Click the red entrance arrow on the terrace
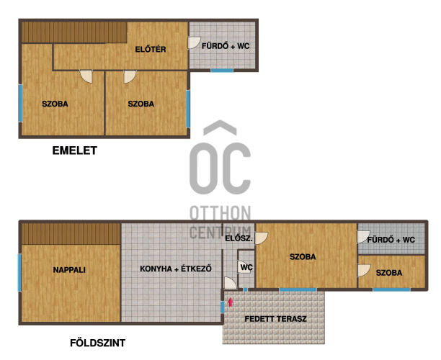(x=231, y=302)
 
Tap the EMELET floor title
(x=75, y=150)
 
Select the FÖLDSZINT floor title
(x=97, y=343)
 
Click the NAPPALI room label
(x=69, y=270)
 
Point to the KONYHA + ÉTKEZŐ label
(x=176, y=269)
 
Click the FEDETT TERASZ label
(x=275, y=319)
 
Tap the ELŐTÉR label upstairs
(x=151, y=50)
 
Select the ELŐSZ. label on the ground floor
(x=239, y=238)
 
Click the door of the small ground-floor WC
(x=243, y=266)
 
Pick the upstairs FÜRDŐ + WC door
(x=194, y=42)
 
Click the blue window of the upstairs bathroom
(x=222, y=71)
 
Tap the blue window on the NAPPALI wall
(x=19, y=273)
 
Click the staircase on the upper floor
(x=74, y=32)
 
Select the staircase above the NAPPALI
(x=71, y=234)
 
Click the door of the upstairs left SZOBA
(x=86, y=76)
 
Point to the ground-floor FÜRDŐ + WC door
(x=363, y=237)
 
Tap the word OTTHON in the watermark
(x=220, y=213)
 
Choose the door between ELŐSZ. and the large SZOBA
(x=262, y=238)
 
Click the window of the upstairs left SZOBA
(x=20, y=103)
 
